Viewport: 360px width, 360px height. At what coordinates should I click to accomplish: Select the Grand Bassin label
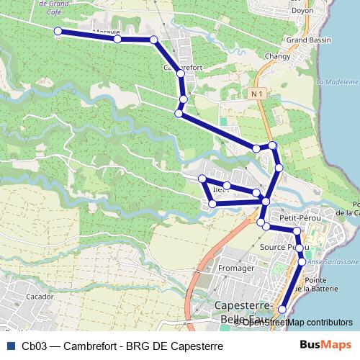pos(307,40)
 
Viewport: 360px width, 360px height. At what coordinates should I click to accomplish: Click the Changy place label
pos(277,56)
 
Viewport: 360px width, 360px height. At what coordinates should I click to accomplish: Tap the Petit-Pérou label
pos(300,217)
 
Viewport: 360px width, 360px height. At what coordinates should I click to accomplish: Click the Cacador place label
pos(39,296)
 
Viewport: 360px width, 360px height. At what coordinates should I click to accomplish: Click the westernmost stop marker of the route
pos(58,31)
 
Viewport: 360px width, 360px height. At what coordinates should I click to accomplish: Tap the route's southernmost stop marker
pos(282,309)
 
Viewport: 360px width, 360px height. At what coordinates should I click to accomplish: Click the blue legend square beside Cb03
pos(10,346)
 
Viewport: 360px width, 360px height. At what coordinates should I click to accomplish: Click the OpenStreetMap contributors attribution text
pos(297,322)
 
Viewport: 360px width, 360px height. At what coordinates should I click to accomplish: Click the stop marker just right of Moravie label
pos(117,39)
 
